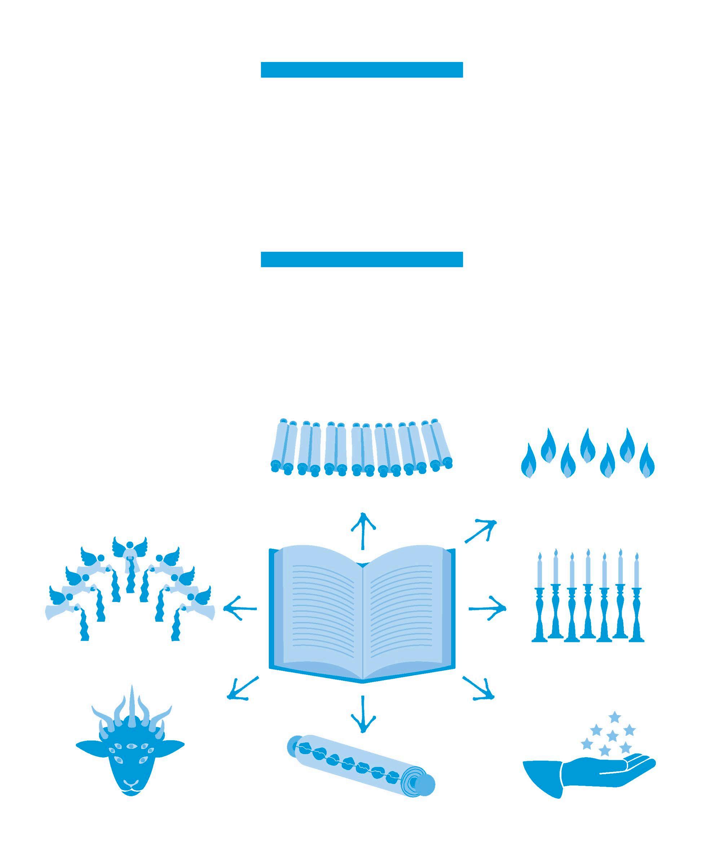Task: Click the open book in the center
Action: (x=362, y=614)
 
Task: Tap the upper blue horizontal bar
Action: (x=362, y=70)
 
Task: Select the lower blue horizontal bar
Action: (x=362, y=259)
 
